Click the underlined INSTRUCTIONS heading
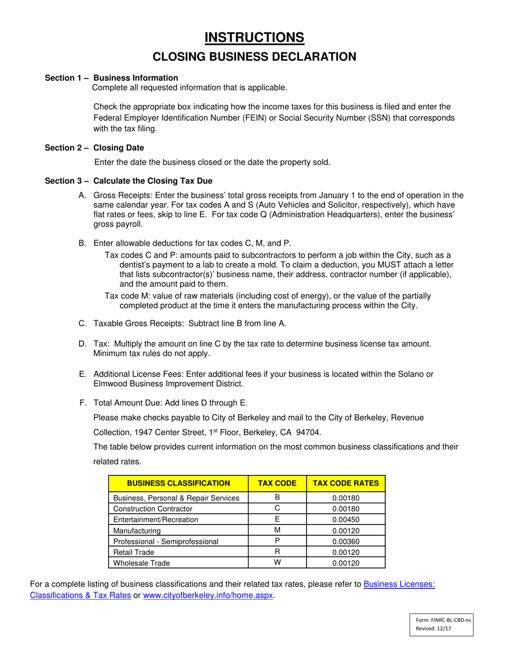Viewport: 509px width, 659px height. point(254,37)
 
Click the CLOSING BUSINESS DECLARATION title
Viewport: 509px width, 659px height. point(254,57)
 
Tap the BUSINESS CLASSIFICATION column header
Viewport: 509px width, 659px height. point(178,483)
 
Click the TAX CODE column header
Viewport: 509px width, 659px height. point(277,483)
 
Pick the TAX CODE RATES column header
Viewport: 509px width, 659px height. point(346,483)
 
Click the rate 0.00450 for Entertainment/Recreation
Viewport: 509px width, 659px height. point(346,519)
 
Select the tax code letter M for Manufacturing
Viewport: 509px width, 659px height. point(277,530)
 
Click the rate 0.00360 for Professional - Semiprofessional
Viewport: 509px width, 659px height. point(346,541)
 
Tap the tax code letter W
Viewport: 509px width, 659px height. point(277,563)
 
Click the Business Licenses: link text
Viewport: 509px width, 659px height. point(399,585)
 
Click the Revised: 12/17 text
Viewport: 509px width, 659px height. point(433,629)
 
